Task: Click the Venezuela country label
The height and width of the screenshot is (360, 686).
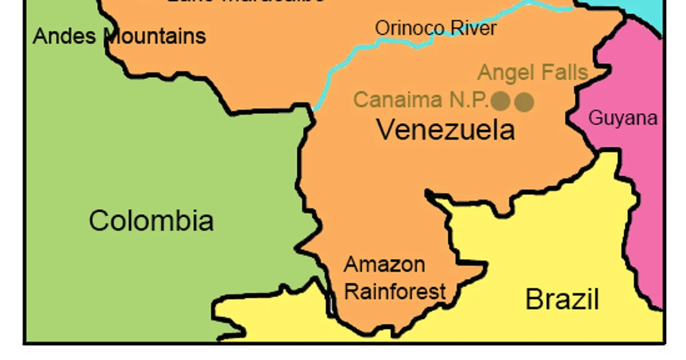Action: pos(446,130)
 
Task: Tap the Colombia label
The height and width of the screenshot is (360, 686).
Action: pos(151,221)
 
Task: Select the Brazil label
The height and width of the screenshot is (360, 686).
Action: pos(562,299)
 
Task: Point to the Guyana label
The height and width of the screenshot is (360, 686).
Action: pos(623,118)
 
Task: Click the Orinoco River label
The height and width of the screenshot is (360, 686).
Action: pos(436,27)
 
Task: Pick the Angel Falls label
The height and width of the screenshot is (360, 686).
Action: pos(533,73)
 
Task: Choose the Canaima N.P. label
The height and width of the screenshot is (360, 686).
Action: pos(422,99)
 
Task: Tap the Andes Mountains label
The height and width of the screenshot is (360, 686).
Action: pos(119,36)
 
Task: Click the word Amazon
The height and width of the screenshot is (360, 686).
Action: pos(384,265)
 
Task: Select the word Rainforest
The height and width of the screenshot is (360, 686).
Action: pos(395,291)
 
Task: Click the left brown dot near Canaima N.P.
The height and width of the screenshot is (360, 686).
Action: pos(501,101)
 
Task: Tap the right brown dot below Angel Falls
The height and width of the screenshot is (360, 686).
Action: pos(524,102)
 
